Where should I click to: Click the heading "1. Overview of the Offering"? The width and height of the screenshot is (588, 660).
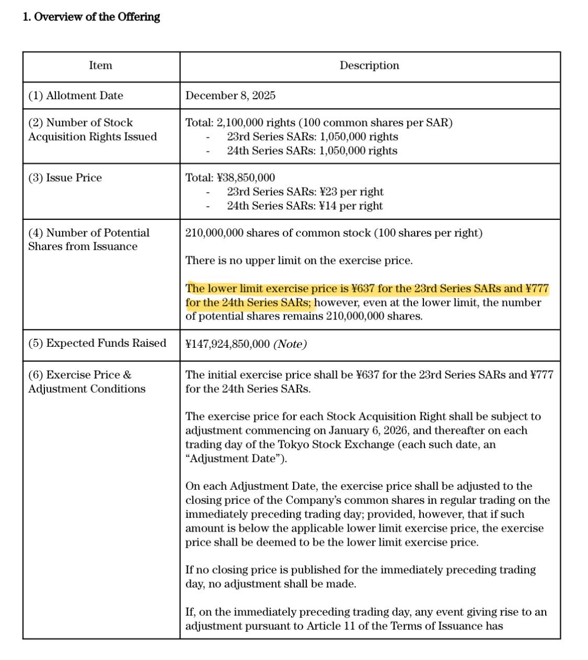(x=91, y=17)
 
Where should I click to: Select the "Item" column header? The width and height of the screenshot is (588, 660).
(x=100, y=65)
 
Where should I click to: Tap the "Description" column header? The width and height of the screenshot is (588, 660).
(x=369, y=65)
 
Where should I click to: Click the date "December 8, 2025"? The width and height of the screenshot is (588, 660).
(x=230, y=96)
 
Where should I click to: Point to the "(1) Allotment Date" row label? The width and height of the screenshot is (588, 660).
(x=76, y=96)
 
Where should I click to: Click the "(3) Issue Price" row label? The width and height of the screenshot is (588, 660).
(x=65, y=178)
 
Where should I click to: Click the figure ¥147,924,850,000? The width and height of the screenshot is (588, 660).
(x=227, y=344)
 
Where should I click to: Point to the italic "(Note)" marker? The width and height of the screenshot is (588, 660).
(x=290, y=344)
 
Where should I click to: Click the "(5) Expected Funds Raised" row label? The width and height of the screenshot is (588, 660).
(x=97, y=343)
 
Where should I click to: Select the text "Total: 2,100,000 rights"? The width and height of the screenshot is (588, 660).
(x=240, y=123)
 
